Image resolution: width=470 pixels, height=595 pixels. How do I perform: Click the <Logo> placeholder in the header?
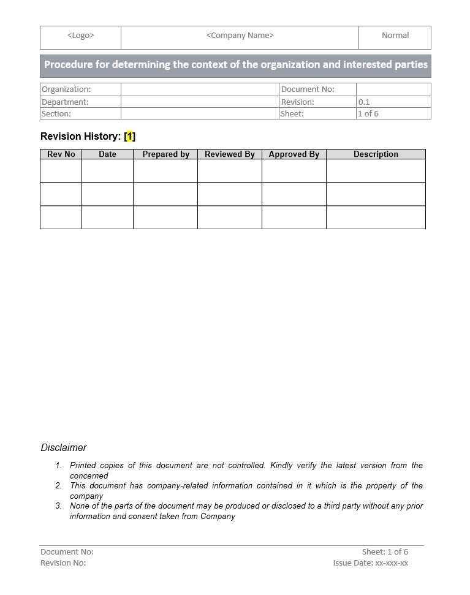[80, 36]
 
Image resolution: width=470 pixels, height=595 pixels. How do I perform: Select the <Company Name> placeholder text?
[240, 36]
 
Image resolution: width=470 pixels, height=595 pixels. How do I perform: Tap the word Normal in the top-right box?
[395, 36]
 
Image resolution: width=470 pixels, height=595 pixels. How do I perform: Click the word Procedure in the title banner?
[67, 65]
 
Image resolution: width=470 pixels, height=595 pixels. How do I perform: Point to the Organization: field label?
[66, 89]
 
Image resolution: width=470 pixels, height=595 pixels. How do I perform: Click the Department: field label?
[65, 102]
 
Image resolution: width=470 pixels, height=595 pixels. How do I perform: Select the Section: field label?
[56, 114]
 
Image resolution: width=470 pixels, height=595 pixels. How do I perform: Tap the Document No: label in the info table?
[308, 89]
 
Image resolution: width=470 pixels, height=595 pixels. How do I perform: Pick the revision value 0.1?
[364, 102]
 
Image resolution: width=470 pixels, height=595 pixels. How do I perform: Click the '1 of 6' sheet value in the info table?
[368, 114]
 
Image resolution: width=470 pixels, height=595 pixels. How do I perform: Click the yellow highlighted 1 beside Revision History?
[130, 137]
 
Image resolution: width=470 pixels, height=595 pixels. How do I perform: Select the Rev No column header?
[61, 154]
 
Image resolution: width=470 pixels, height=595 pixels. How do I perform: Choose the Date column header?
[107, 154]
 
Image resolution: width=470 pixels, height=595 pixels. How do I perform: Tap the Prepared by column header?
[165, 154]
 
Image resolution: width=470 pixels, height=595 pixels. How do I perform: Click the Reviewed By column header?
[229, 154]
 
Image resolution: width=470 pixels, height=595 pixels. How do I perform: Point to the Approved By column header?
[294, 154]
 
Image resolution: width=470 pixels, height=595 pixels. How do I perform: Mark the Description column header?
[376, 154]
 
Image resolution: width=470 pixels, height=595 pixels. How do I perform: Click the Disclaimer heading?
[64, 448]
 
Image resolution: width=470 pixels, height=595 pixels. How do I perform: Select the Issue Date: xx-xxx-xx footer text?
[370, 563]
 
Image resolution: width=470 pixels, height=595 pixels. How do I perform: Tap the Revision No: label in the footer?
[63, 563]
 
